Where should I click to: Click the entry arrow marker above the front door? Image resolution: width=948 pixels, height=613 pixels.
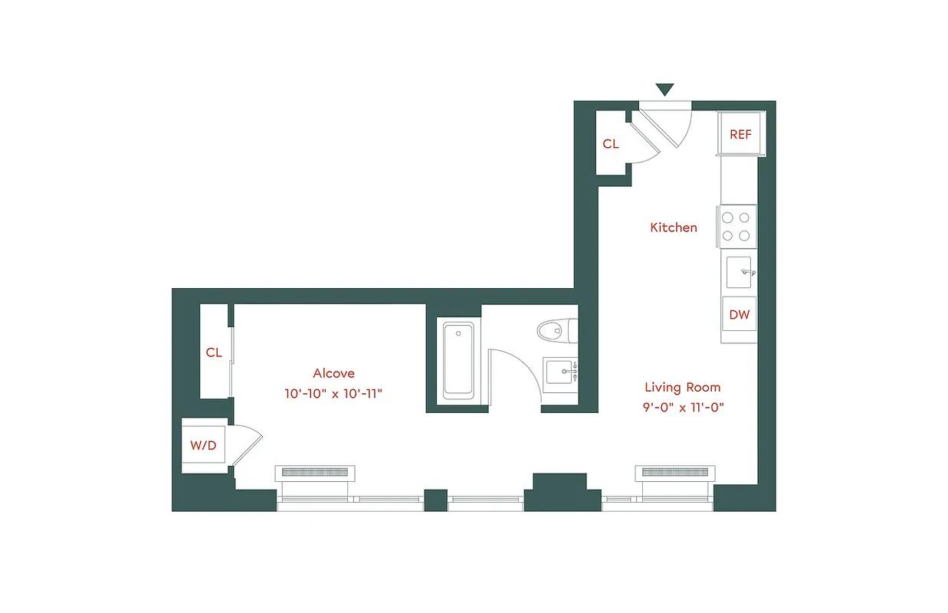tap(664, 90)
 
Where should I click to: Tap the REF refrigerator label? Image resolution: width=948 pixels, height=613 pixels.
tap(740, 134)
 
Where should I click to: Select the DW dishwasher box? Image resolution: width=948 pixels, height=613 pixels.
tap(739, 314)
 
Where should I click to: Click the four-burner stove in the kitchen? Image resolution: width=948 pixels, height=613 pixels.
tap(736, 227)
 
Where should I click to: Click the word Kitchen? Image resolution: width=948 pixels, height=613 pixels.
tap(674, 228)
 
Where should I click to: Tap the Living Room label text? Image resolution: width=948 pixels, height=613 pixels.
tap(682, 388)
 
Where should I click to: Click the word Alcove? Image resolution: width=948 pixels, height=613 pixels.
tap(333, 374)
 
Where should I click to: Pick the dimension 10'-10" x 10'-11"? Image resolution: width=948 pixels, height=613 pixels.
tap(333, 394)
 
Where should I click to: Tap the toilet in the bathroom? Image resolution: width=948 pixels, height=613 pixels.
tap(556, 331)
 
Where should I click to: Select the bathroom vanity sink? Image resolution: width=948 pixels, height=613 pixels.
tap(562, 375)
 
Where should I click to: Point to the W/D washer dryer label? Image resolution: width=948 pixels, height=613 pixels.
tap(203, 446)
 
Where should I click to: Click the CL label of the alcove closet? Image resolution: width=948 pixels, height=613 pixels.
tap(214, 352)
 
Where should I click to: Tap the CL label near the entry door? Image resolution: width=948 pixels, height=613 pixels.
tap(611, 144)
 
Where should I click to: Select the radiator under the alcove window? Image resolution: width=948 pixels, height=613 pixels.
tap(316, 472)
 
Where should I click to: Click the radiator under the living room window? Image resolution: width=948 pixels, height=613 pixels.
tap(675, 472)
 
